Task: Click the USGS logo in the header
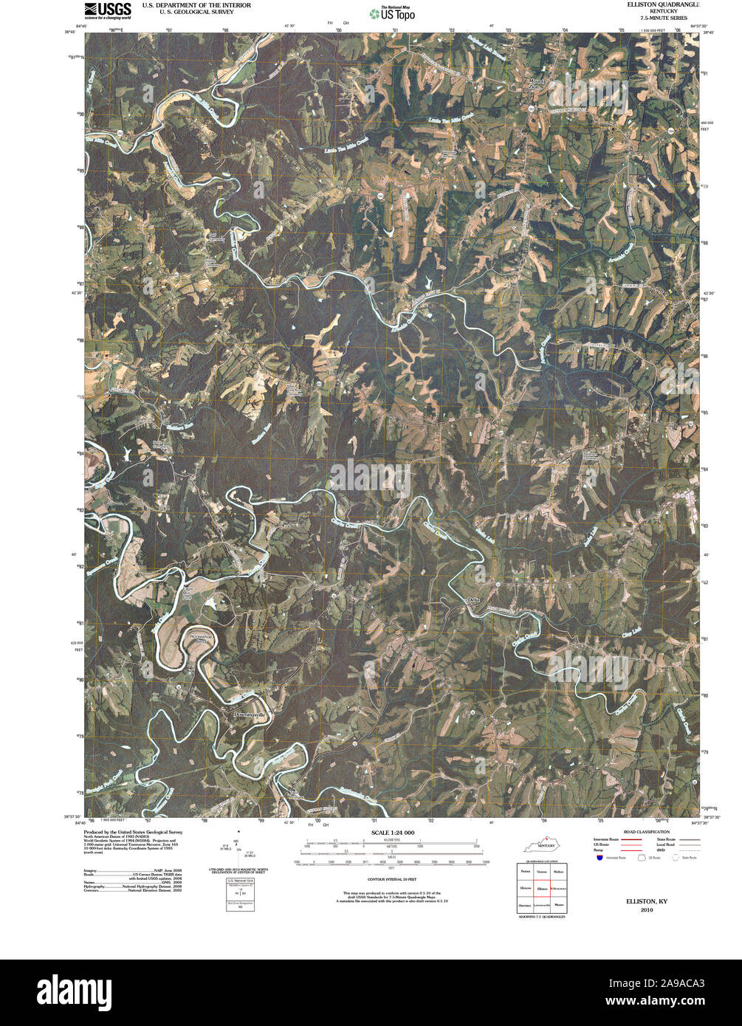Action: click(108, 10)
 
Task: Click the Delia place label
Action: click(474, 599)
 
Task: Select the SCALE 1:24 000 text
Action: click(392, 833)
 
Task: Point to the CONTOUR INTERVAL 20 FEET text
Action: click(392, 880)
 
